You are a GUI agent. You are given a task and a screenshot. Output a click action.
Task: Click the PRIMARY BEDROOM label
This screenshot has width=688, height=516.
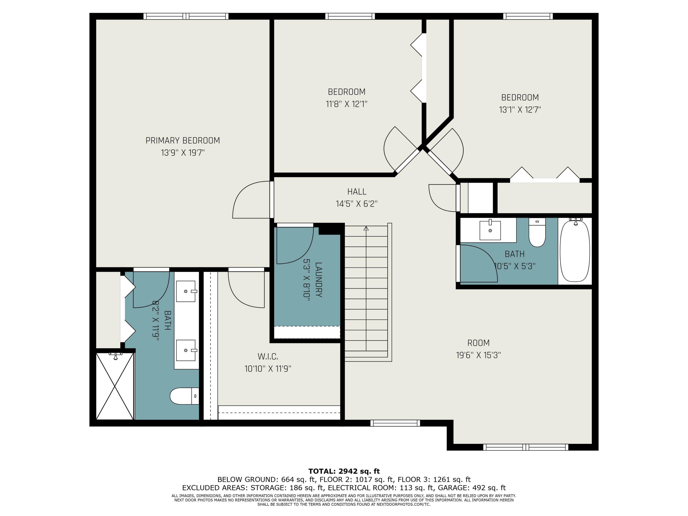pos(183,141)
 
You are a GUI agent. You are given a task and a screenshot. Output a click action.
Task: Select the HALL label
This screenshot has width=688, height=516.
pos(357,191)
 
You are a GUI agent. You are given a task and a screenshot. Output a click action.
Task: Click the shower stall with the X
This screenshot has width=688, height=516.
pos(115,386)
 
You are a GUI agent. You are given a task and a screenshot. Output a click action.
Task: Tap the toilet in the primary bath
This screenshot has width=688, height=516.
pos(184,396)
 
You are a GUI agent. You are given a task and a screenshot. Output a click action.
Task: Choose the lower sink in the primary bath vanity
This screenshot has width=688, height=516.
pos(186,350)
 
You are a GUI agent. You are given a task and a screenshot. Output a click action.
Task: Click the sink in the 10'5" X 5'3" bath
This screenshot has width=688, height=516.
pos(490,230)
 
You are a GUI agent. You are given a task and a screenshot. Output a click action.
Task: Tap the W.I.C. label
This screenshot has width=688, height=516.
pos(268,356)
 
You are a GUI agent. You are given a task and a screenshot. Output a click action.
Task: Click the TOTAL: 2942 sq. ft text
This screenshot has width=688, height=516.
pos(344,471)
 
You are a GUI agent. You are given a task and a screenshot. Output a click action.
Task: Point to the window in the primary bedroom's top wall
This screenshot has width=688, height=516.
pos(186,16)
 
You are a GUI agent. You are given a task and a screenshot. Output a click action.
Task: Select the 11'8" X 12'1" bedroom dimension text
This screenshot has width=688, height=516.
pos(347,104)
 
